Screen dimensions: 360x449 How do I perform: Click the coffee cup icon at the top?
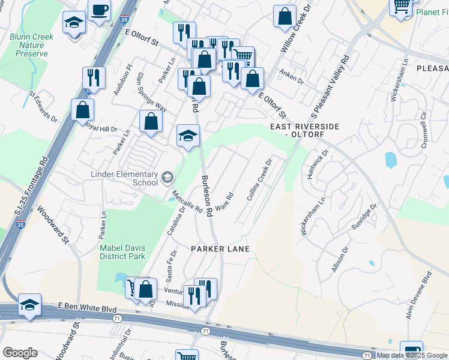pyautogui.click(x=100, y=10)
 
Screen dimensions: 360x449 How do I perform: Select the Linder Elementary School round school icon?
pyautogui.click(x=167, y=178)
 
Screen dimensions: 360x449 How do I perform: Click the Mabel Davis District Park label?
pyautogui.click(x=123, y=251)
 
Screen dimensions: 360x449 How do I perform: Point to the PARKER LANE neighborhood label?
pyautogui.click(x=220, y=248)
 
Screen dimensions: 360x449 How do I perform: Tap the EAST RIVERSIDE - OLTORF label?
pyautogui.click(x=305, y=131)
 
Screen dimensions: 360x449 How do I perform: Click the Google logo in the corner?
pyautogui.click(x=20, y=353)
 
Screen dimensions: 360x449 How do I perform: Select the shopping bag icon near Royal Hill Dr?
pyautogui.click(x=82, y=110)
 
